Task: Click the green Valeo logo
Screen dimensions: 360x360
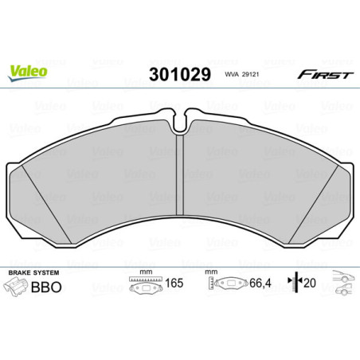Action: [28, 70]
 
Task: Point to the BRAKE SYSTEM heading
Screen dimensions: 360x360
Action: [32, 272]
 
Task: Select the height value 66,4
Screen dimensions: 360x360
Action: [258, 282]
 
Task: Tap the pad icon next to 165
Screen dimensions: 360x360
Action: [143, 284]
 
